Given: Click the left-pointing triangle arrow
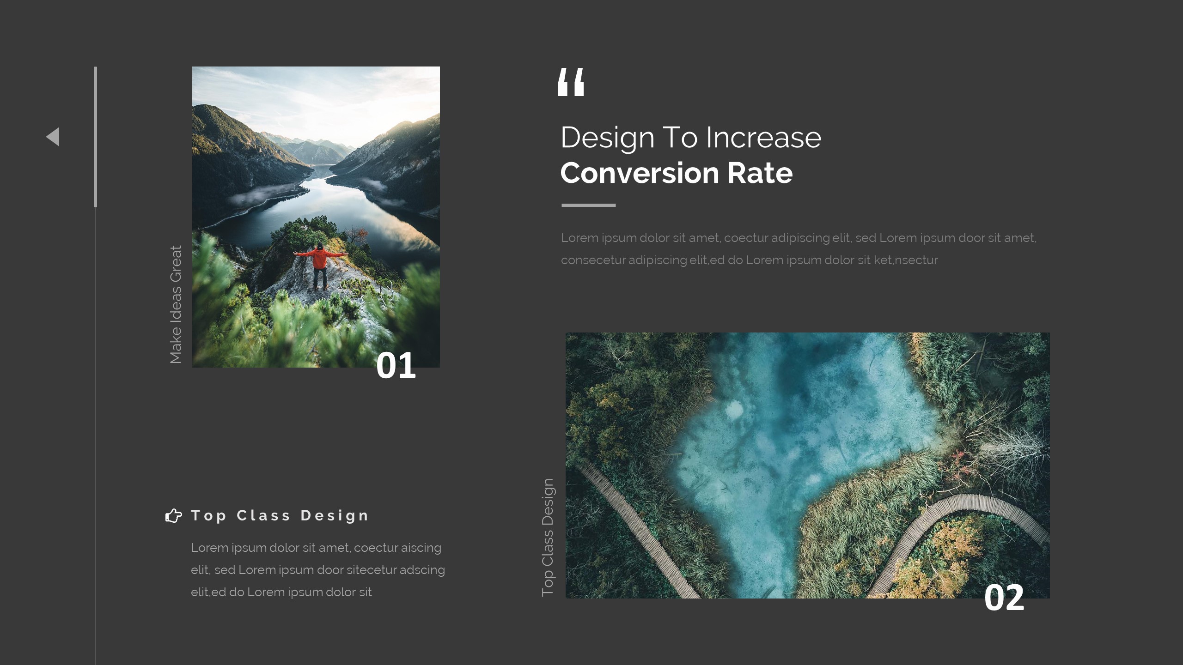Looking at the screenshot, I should point(54,137).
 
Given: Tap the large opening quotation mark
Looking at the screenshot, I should point(571,82).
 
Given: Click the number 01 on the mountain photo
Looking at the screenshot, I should point(396,366).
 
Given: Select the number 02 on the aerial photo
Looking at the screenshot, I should point(1004,598).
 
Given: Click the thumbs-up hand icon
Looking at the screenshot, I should point(173,515).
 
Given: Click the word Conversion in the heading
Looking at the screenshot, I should point(640,173).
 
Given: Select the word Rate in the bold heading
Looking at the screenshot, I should point(760,173).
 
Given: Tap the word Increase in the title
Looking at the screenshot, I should point(763,138).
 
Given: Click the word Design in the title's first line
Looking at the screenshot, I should point(607,138).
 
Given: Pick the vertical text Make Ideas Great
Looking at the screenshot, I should point(176,305).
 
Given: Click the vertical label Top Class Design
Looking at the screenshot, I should point(547,538).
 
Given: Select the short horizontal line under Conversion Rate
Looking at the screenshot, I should point(588,205).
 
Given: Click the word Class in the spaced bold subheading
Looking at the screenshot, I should point(263,515).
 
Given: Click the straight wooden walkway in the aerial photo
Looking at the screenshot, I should point(638,526).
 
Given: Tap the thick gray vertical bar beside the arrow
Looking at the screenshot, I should point(95,137).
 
